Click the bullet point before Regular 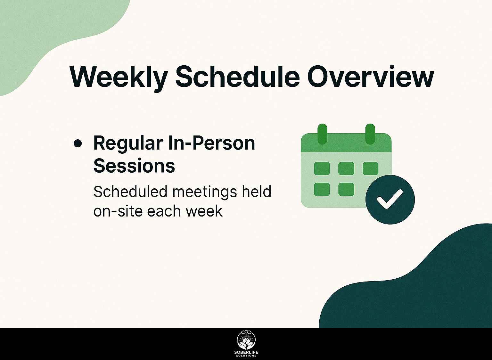(x=78, y=144)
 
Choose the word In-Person (x=211, y=143)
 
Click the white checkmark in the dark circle (x=390, y=199)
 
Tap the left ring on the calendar (x=323, y=134)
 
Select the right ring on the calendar (x=370, y=134)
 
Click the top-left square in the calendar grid (x=322, y=168)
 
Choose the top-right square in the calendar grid (x=371, y=168)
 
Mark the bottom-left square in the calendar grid (x=322, y=189)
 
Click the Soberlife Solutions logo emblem (x=246, y=340)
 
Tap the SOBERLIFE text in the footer (x=246, y=352)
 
